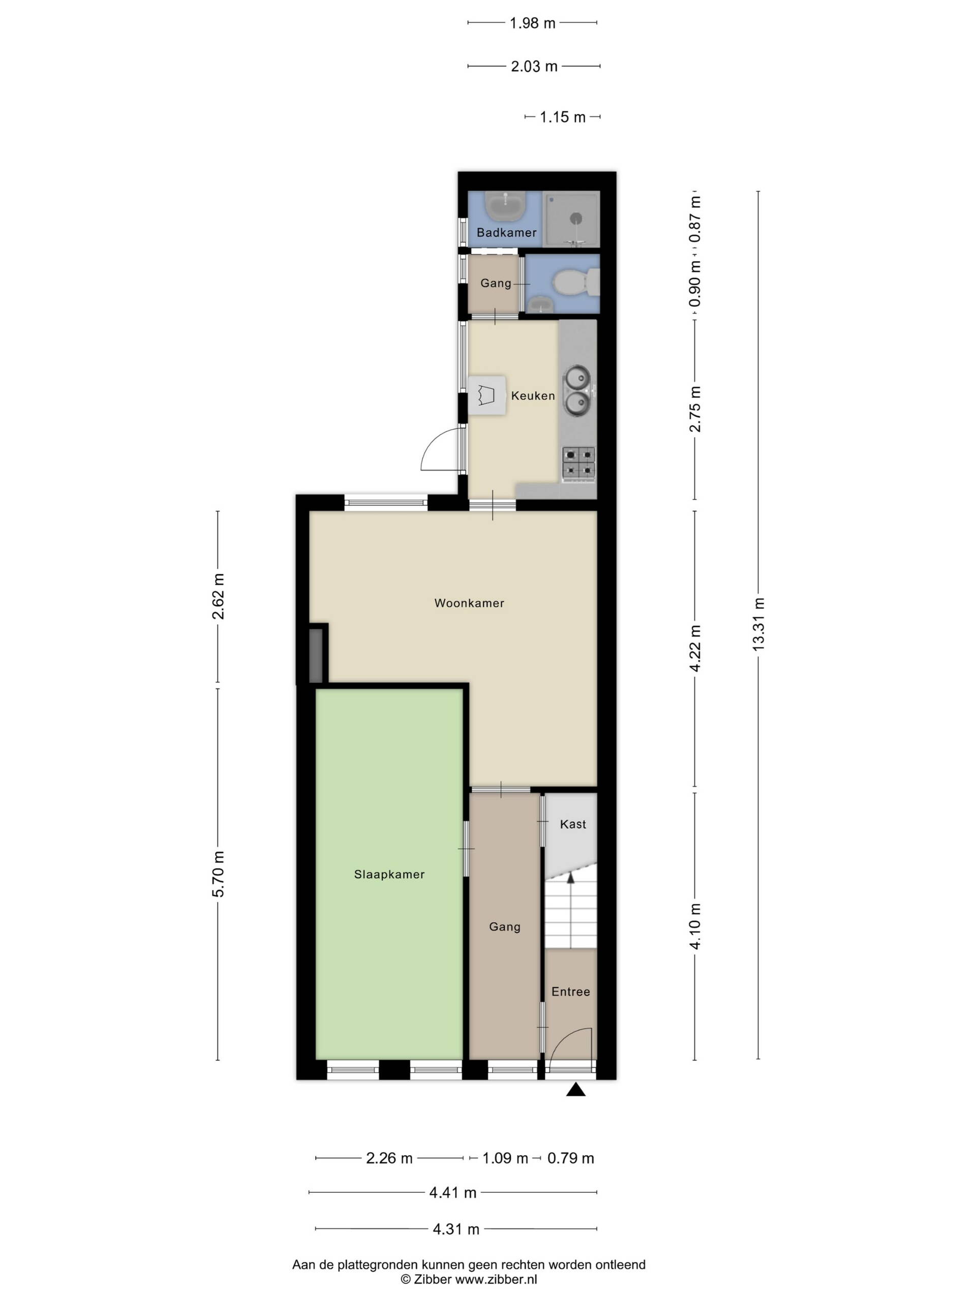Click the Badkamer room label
[506, 232]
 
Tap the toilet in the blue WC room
[577, 283]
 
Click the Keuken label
[532, 396]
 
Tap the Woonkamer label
[469, 603]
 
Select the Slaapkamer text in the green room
[389, 875]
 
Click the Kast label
[572, 824]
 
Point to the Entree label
[570, 992]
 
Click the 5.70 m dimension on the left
[218, 874]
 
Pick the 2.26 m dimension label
[389, 1158]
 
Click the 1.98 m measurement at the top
[532, 23]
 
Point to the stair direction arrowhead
[569, 878]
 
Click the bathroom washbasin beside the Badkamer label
[505, 206]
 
